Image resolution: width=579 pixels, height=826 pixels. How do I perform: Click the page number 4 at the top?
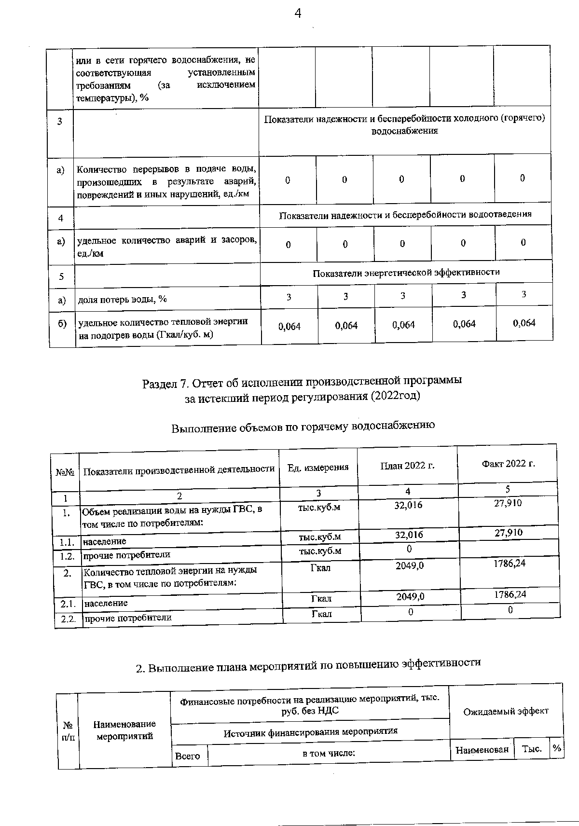click(298, 14)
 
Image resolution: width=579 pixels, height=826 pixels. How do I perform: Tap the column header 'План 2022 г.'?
click(407, 466)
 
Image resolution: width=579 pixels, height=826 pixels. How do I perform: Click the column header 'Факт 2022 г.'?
click(508, 464)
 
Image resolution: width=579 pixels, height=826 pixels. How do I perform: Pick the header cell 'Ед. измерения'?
click(318, 467)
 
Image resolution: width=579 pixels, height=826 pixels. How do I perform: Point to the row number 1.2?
click(66, 556)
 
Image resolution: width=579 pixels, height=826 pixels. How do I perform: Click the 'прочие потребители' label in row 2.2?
click(128, 618)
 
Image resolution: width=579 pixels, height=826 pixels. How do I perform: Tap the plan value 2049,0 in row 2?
click(410, 565)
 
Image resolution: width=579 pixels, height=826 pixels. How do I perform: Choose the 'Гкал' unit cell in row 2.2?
click(321, 614)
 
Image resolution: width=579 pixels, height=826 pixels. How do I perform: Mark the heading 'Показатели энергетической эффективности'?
click(406, 273)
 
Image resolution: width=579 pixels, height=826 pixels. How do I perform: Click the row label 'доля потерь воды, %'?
click(123, 300)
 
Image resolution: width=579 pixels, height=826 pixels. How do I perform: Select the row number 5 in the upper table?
click(61, 277)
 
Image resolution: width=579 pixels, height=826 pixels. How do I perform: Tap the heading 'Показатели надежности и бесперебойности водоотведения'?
click(405, 214)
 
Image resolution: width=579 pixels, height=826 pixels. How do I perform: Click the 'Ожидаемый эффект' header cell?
click(506, 711)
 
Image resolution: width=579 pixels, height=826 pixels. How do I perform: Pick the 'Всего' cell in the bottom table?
click(188, 756)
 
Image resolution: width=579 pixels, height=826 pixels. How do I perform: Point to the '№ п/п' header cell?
click(68, 731)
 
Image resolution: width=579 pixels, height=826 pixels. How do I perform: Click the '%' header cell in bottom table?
click(557, 748)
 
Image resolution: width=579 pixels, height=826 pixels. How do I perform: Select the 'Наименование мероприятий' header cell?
click(124, 730)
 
